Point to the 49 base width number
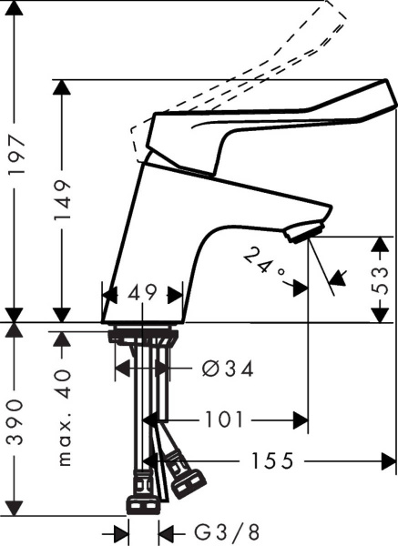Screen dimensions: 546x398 [142, 293]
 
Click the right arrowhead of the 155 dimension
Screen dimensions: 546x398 [388, 461]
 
